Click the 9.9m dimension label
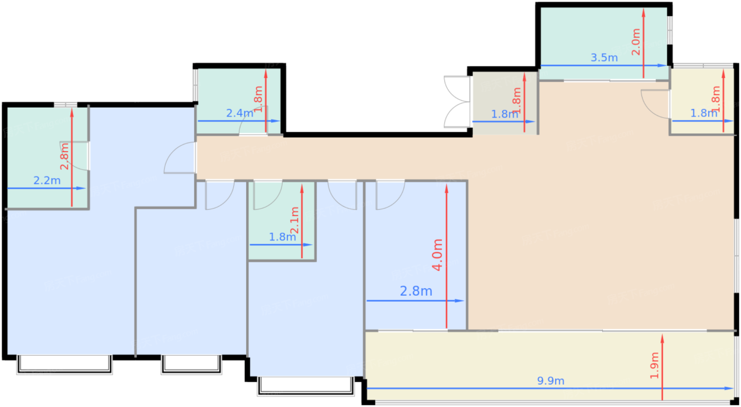[x=550, y=381]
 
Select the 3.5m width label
[x=604, y=58]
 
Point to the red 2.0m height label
[x=636, y=42]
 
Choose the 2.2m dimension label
[x=47, y=181]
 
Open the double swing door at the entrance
[x=456, y=102]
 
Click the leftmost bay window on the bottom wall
[x=65, y=364]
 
